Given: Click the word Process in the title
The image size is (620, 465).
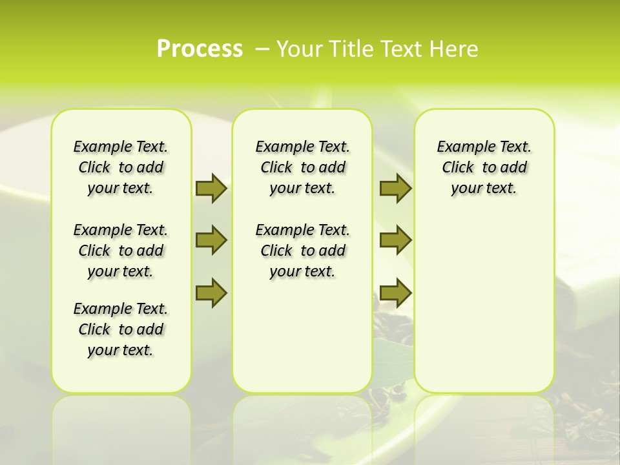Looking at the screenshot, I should tap(200, 48).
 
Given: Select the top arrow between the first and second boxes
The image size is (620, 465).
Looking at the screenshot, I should tap(211, 188).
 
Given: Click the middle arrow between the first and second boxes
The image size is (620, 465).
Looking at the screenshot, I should tap(211, 240).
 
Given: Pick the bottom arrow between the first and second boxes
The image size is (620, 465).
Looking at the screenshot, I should tap(211, 293).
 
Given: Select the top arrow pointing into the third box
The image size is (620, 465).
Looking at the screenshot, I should tap(395, 188).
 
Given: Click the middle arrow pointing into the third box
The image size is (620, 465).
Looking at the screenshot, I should tap(395, 240).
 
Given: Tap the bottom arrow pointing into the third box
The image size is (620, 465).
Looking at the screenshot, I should tap(395, 293).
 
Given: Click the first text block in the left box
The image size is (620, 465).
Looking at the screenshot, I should tap(121, 167).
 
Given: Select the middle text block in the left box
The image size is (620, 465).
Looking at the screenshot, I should tap(121, 251).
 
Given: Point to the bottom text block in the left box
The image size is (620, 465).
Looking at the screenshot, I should tap(121, 329).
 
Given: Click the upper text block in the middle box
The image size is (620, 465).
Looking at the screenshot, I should tap(302, 167).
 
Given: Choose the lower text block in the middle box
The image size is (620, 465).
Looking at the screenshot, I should tap(302, 251).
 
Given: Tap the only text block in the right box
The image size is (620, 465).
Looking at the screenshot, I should tap(484, 167).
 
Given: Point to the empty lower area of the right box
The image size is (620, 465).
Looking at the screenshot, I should tap(484, 304).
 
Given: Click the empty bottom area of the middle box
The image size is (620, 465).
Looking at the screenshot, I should tap(302, 342).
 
